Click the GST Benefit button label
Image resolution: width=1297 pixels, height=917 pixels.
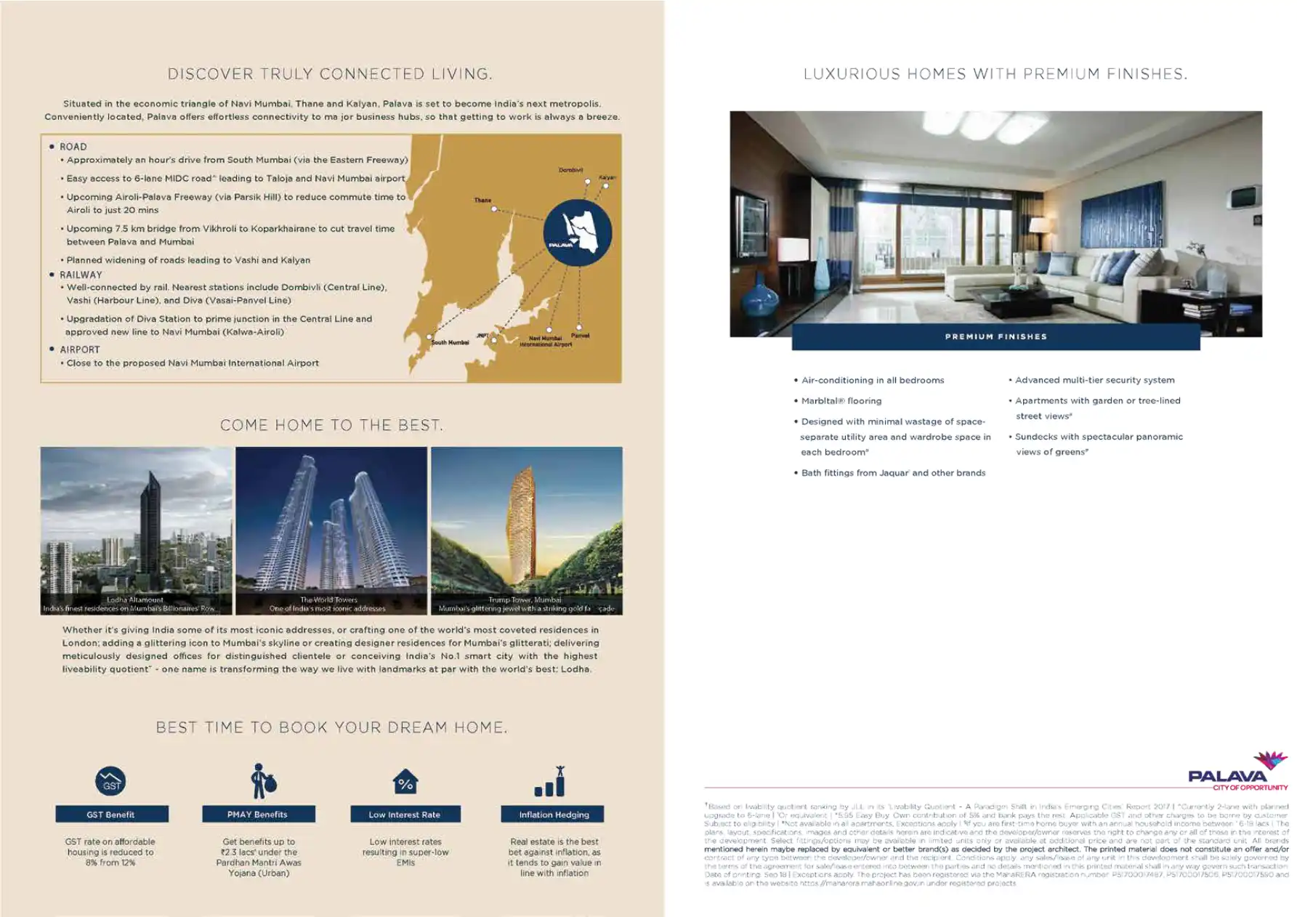111,815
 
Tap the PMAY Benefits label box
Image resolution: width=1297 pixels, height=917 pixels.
258,815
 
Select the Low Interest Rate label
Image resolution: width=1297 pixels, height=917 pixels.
405,815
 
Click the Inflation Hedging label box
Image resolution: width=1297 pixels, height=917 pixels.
553,815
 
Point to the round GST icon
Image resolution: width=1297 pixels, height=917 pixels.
110,782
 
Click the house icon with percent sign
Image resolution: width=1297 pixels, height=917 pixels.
405,782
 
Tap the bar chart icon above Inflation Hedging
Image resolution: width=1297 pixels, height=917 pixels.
550,782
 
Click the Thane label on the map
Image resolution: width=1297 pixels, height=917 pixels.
482,200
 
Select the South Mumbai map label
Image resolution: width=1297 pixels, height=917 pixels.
450,342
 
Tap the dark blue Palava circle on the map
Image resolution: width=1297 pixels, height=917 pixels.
578,233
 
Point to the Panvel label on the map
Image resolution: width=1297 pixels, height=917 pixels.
580,336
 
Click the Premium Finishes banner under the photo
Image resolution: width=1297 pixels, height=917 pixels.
995,337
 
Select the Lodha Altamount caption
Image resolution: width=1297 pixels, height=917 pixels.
135,600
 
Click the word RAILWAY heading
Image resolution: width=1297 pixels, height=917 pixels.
81,275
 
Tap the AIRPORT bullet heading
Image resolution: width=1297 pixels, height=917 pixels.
80,350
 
